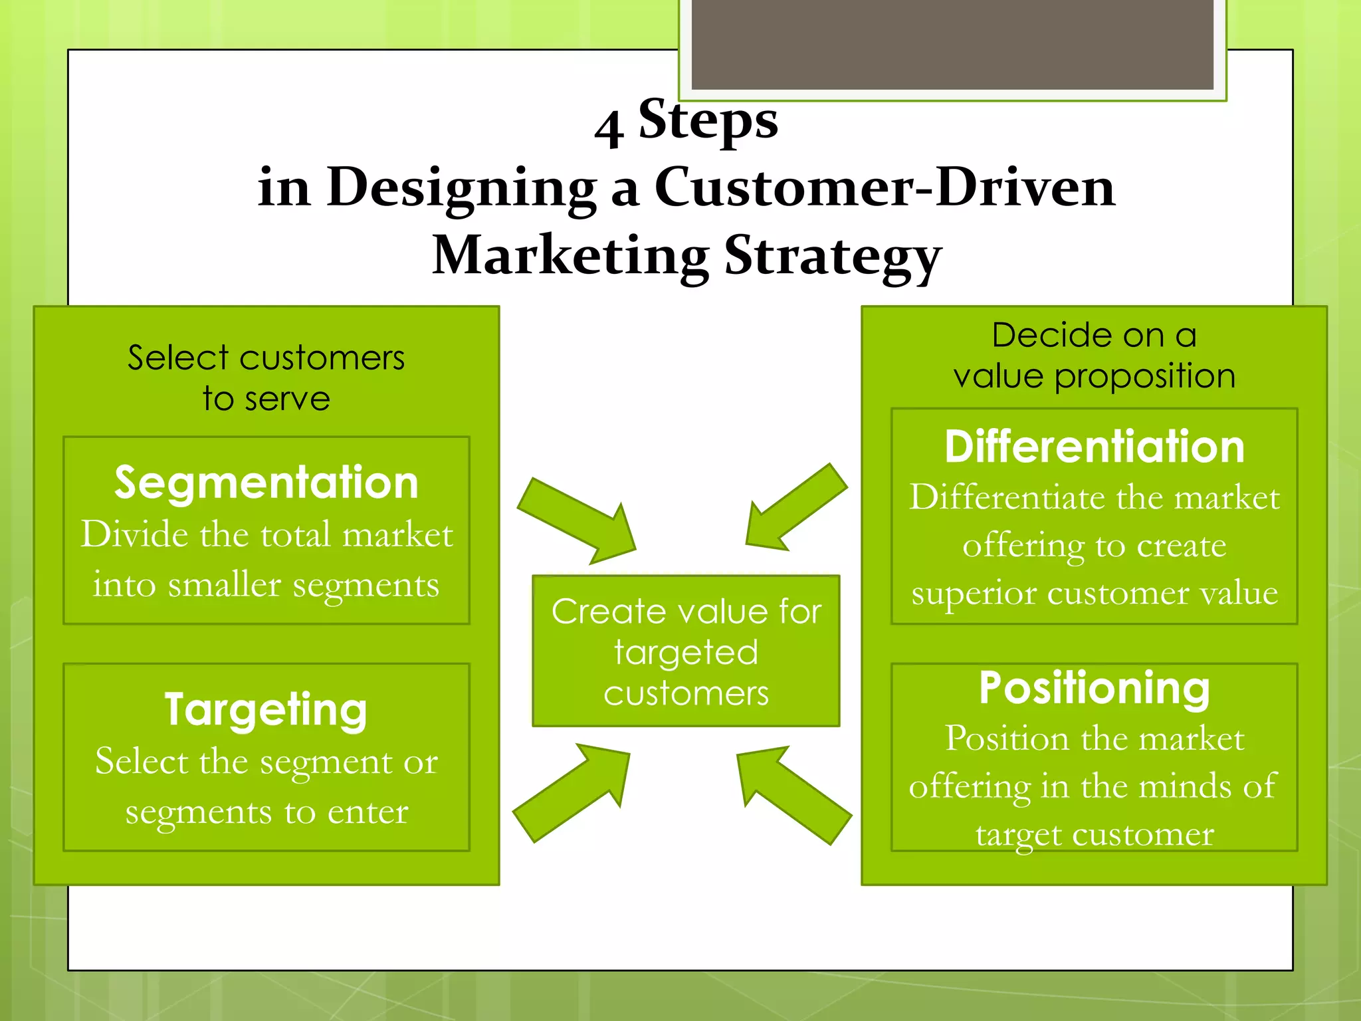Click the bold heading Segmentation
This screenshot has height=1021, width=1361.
(x=266, y=483)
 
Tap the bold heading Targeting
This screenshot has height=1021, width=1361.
(x=266, y=710)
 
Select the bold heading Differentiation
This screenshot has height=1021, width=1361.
(x=1094, y=447)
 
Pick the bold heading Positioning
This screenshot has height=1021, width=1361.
(x=1094, y=688)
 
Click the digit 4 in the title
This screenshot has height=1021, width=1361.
(x=609, y=129)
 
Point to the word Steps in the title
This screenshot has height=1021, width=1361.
(x=708, y=120)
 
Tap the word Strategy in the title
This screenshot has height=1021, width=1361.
(x=833, y=257)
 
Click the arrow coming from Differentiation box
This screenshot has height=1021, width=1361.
(x=795, y=507)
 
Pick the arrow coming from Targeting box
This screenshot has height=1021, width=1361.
(x=572, y=792)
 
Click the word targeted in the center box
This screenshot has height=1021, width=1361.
(x=686, y=653)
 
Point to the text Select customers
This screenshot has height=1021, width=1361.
(x=266, y=358)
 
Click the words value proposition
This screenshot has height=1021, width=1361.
(x=1094, y=377)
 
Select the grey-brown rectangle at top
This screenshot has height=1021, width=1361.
(x=952, y=44)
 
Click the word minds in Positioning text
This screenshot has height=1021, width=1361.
(x=1184, y=786)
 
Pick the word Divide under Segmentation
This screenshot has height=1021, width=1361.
(x=136, y=534)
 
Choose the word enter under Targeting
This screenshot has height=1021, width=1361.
(x=367, y=812)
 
